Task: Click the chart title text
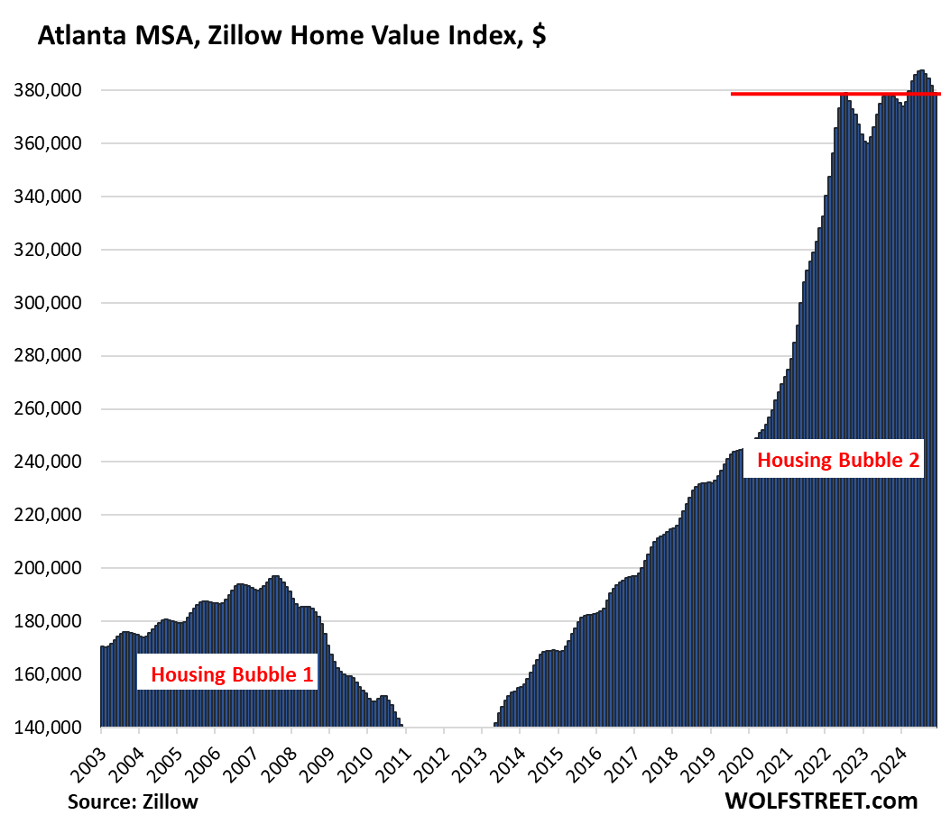click(291, 35)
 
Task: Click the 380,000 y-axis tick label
click(48, 90)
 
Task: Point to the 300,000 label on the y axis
click(48, 303)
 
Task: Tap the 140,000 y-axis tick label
click(48, 728)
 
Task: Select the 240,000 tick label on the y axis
click(48, 462)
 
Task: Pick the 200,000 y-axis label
click(48, 568)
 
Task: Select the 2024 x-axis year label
click(890, 764)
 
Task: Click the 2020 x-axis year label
click(737, 764)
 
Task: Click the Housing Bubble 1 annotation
click(232, 674)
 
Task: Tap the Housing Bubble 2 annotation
click(838, 460)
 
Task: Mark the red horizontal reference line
click(835, 94)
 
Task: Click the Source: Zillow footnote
click(133, 801)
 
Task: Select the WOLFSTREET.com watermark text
click(822, 801)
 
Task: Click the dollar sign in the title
click(539, 35)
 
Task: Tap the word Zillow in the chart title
click(245, 35)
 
